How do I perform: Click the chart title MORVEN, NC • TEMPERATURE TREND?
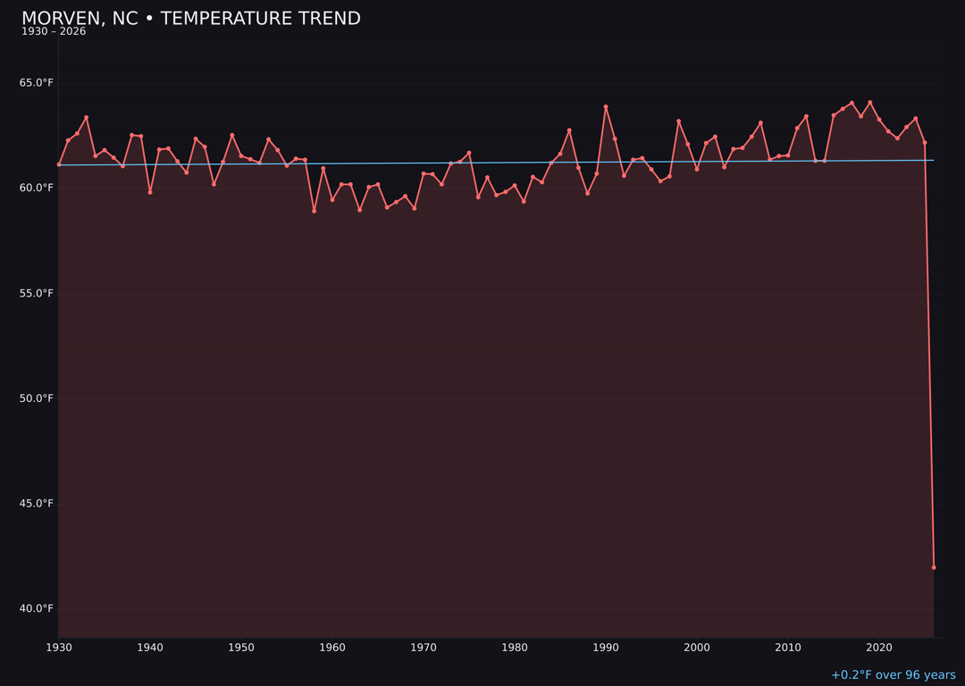tap(191, 19)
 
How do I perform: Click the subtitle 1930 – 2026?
tap(54, 32)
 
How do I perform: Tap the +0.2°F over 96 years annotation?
tap(893, 675)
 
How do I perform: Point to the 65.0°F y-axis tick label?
tap(37, 83)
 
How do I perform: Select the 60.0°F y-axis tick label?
tap(37, 188)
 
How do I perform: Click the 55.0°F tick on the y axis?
tap(37, 293)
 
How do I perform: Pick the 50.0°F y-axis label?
tap(37, 398)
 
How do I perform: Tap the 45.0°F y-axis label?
tap(37, 504)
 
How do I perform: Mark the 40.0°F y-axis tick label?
tap(37, 609)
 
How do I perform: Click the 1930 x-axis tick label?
tap(59, 648)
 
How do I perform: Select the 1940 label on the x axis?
tap(150, 648)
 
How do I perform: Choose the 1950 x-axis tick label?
tap(241, 648)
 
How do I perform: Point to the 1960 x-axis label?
tap(332, 648)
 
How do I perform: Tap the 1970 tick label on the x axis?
tap(424, 648)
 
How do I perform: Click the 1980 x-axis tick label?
tap(515, 648)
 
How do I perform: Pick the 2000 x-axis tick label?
tap(697, 648)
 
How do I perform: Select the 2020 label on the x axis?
tap(879, 648)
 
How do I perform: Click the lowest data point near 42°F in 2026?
tap(934, 567)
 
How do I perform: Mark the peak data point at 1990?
tap(606, 107)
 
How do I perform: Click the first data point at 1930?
tap(59, 164)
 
